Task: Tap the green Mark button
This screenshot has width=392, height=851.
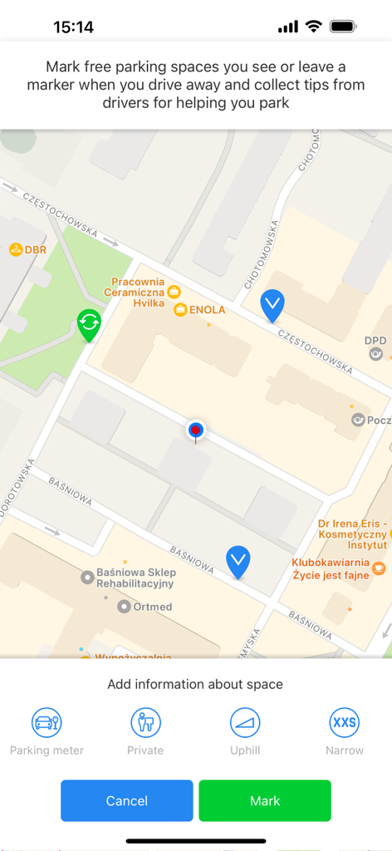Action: [264, 800]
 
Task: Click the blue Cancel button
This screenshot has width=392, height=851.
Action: [126, 800]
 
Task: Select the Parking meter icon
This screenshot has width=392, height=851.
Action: [47, 722]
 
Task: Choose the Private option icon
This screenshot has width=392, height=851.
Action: [145, 722]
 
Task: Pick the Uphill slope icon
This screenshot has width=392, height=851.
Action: [245, 722]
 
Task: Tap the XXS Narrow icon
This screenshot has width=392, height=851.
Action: [344, 722]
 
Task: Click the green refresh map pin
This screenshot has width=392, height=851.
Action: [89, 323]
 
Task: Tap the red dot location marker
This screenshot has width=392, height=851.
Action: [196, 430]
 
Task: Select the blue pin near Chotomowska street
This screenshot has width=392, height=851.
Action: [272, 304]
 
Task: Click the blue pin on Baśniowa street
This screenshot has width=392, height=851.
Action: [238, 561]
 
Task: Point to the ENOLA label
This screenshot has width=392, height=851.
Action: [207, 310]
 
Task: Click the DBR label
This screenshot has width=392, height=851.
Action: [34, 249]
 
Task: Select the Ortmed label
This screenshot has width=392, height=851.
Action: [152, 607]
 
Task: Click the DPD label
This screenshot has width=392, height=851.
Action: [375, 341]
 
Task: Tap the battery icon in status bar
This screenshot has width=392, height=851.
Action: [343, 27]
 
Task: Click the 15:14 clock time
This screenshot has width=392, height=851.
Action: [73, 27]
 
